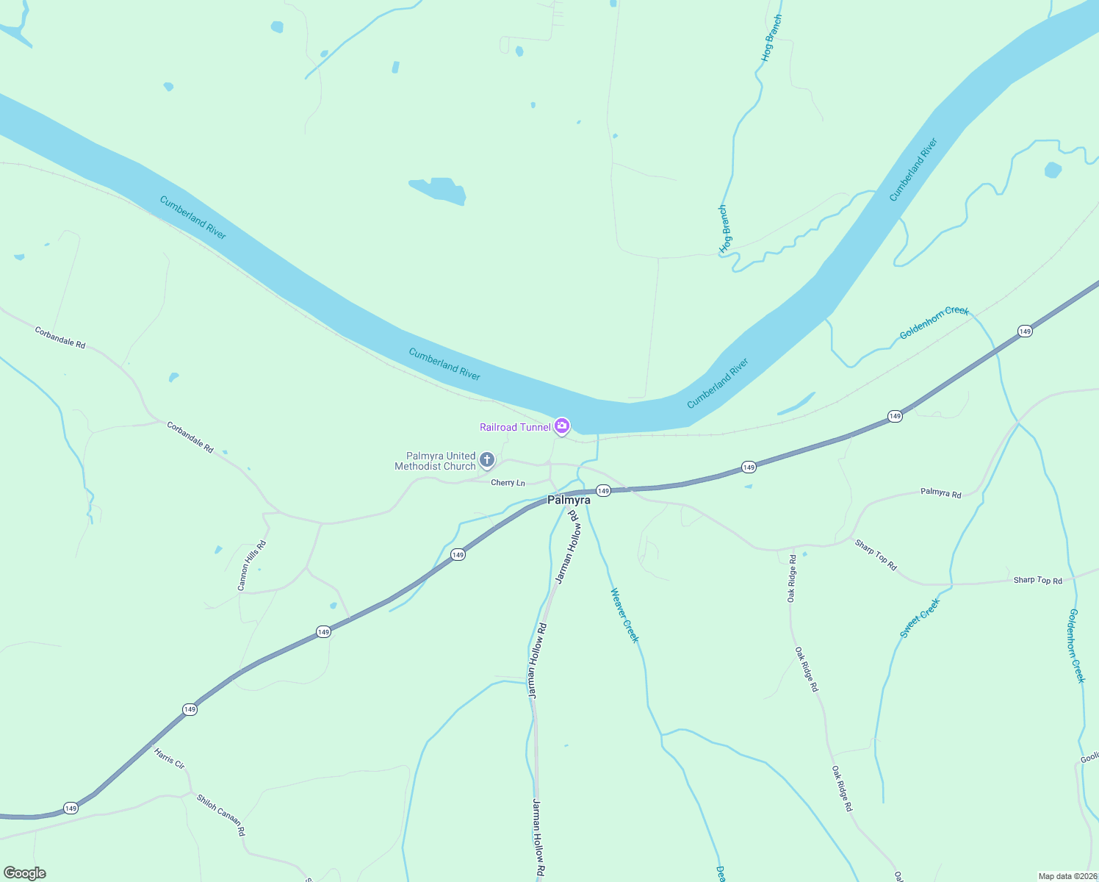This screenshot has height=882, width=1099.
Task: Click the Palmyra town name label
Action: (x=569, y=500)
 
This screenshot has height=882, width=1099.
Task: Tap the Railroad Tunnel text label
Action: (x=515, y=427)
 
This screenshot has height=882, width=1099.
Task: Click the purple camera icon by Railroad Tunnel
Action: (x=562, y=426)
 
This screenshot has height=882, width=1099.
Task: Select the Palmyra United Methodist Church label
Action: (x=435, y=461)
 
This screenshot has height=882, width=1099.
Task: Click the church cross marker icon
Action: (x=486, y=461)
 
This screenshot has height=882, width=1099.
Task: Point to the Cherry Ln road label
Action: (x=508, y=483)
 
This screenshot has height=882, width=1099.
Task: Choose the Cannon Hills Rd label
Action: (x=251, y=565)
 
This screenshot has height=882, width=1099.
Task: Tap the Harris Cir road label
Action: (x=169, y=759)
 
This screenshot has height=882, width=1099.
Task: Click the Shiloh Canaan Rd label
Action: (x=220, y=815)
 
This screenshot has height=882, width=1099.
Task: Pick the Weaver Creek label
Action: (x=624, y=616)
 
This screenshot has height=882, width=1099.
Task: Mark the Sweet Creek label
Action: (x=920, y=618)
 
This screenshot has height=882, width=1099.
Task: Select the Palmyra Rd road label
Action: (x=940, y=493)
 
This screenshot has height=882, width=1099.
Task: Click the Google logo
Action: (x=25, y=873)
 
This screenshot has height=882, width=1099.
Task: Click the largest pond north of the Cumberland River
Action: (x=439, y=190)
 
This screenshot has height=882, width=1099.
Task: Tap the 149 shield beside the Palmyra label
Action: (x=603, y=490)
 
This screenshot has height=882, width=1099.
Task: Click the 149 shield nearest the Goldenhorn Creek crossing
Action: (x=1025, y=331)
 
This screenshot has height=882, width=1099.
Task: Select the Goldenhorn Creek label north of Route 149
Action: (x=934, y=323)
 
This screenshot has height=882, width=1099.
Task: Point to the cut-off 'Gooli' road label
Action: (x=1089, y=758)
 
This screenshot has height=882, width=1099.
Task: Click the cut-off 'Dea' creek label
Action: (x=721, y=872)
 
